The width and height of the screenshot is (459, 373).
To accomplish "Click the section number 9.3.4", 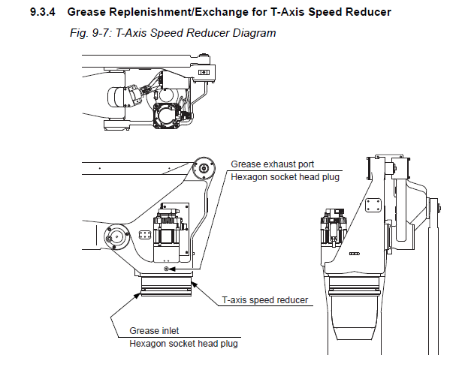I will point(46,13).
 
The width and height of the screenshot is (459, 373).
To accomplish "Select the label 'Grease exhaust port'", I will point(272,164).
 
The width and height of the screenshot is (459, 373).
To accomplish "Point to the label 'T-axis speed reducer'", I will point(264,300).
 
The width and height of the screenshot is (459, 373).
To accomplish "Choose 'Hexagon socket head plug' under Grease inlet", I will point(184,344).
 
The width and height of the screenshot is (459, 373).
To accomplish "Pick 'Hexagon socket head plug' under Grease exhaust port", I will point(285,177).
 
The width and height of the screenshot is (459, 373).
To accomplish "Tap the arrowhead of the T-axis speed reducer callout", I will point(193,281).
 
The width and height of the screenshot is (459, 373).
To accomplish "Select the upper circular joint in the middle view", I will point(201,170).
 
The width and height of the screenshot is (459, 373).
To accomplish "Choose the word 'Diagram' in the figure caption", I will point(255,33).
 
